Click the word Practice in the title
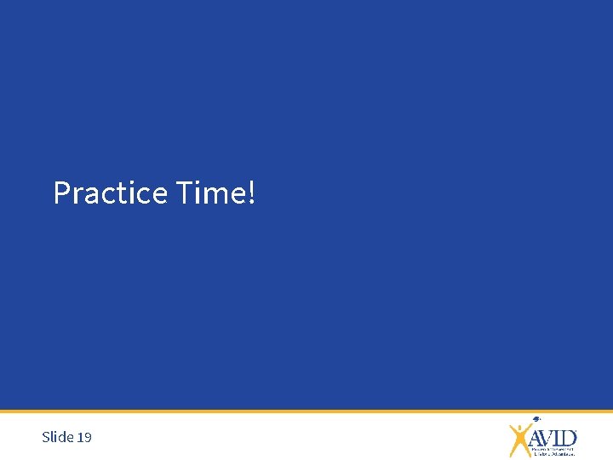110,193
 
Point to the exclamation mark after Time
249,193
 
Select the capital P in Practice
62,193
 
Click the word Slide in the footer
57,437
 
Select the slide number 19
84,437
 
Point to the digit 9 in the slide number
88,437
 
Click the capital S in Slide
46,437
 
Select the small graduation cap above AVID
536,419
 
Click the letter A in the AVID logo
537,438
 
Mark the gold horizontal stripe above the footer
306,411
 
